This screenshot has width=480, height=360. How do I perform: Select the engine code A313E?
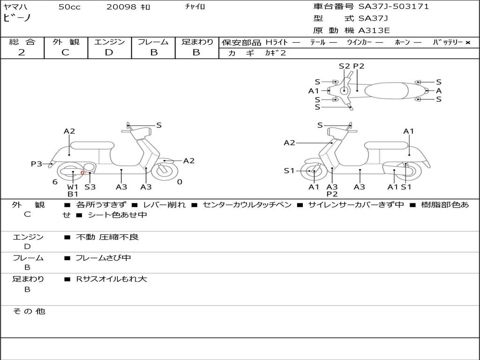pyautogui.click(x=374, y=30)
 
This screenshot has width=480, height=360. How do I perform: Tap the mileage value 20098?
pyautogui.click(x=121, y=7)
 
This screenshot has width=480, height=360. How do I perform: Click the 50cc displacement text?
pyautogui.click(x=69, y=7)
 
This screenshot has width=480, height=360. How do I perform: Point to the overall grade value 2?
pyautogui.click(x=22, y=52)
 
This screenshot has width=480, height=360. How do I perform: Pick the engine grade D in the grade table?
pyautogui.click(x=109, y=52)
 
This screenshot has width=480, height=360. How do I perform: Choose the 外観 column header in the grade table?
pyautogui.click(x=66, y=42)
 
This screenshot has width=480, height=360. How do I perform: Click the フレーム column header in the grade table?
pyautogui.click(x=153, y=42)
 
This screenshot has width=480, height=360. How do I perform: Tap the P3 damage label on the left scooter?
pyautogui.click(x=37, y=164)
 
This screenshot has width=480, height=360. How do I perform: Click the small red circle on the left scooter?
pyautogui.click(x=82, y=173)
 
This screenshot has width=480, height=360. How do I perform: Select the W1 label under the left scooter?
pyautogui.click(x=73, y=187)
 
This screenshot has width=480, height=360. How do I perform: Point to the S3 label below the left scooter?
pyautogui.click(x=90, y=187)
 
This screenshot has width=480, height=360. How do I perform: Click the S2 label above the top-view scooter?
pyautogui.click(x=345, y=66)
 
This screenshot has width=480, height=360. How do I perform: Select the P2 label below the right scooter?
pyautogui.click(x=332, y=194)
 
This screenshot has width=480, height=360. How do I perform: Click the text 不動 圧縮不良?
pyautogui.click(x=107, y=237)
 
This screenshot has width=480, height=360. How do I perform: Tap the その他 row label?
pyautogui.click(x=29, y=311)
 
